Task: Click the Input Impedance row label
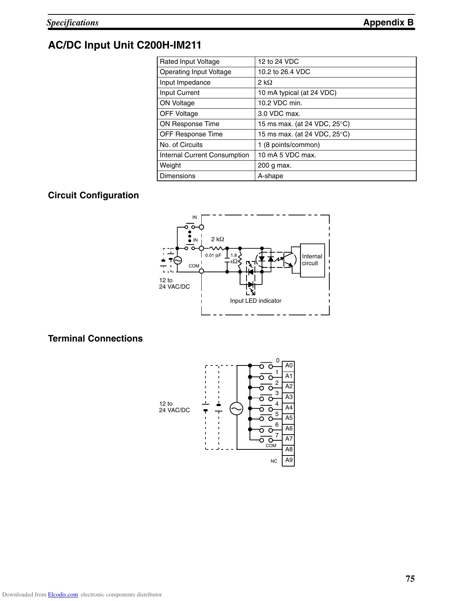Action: click(185, 82)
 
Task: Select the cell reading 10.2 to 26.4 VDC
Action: click(284, 72)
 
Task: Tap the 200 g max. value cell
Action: click(275, 165)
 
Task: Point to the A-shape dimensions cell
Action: click(270, 176)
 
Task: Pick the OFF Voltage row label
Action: click(179, 114)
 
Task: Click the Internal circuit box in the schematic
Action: click(312, 260)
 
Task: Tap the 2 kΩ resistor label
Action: click(217, 239)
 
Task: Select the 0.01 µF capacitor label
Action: click(213, 255)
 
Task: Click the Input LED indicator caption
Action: click(256, 301)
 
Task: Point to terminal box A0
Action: click(289, 366)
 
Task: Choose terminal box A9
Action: click(289, 460)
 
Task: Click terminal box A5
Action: click(289, 418)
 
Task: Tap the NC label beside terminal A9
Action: click(274, 461)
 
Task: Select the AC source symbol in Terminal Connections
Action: click(236, 409)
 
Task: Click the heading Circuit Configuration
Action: click(93, 195)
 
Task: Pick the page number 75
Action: click(410, 579)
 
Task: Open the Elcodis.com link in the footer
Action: click(63, 595)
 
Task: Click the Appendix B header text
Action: click(388, 22)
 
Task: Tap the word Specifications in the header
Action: click(73, 23)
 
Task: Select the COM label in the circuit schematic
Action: click(194, 266)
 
